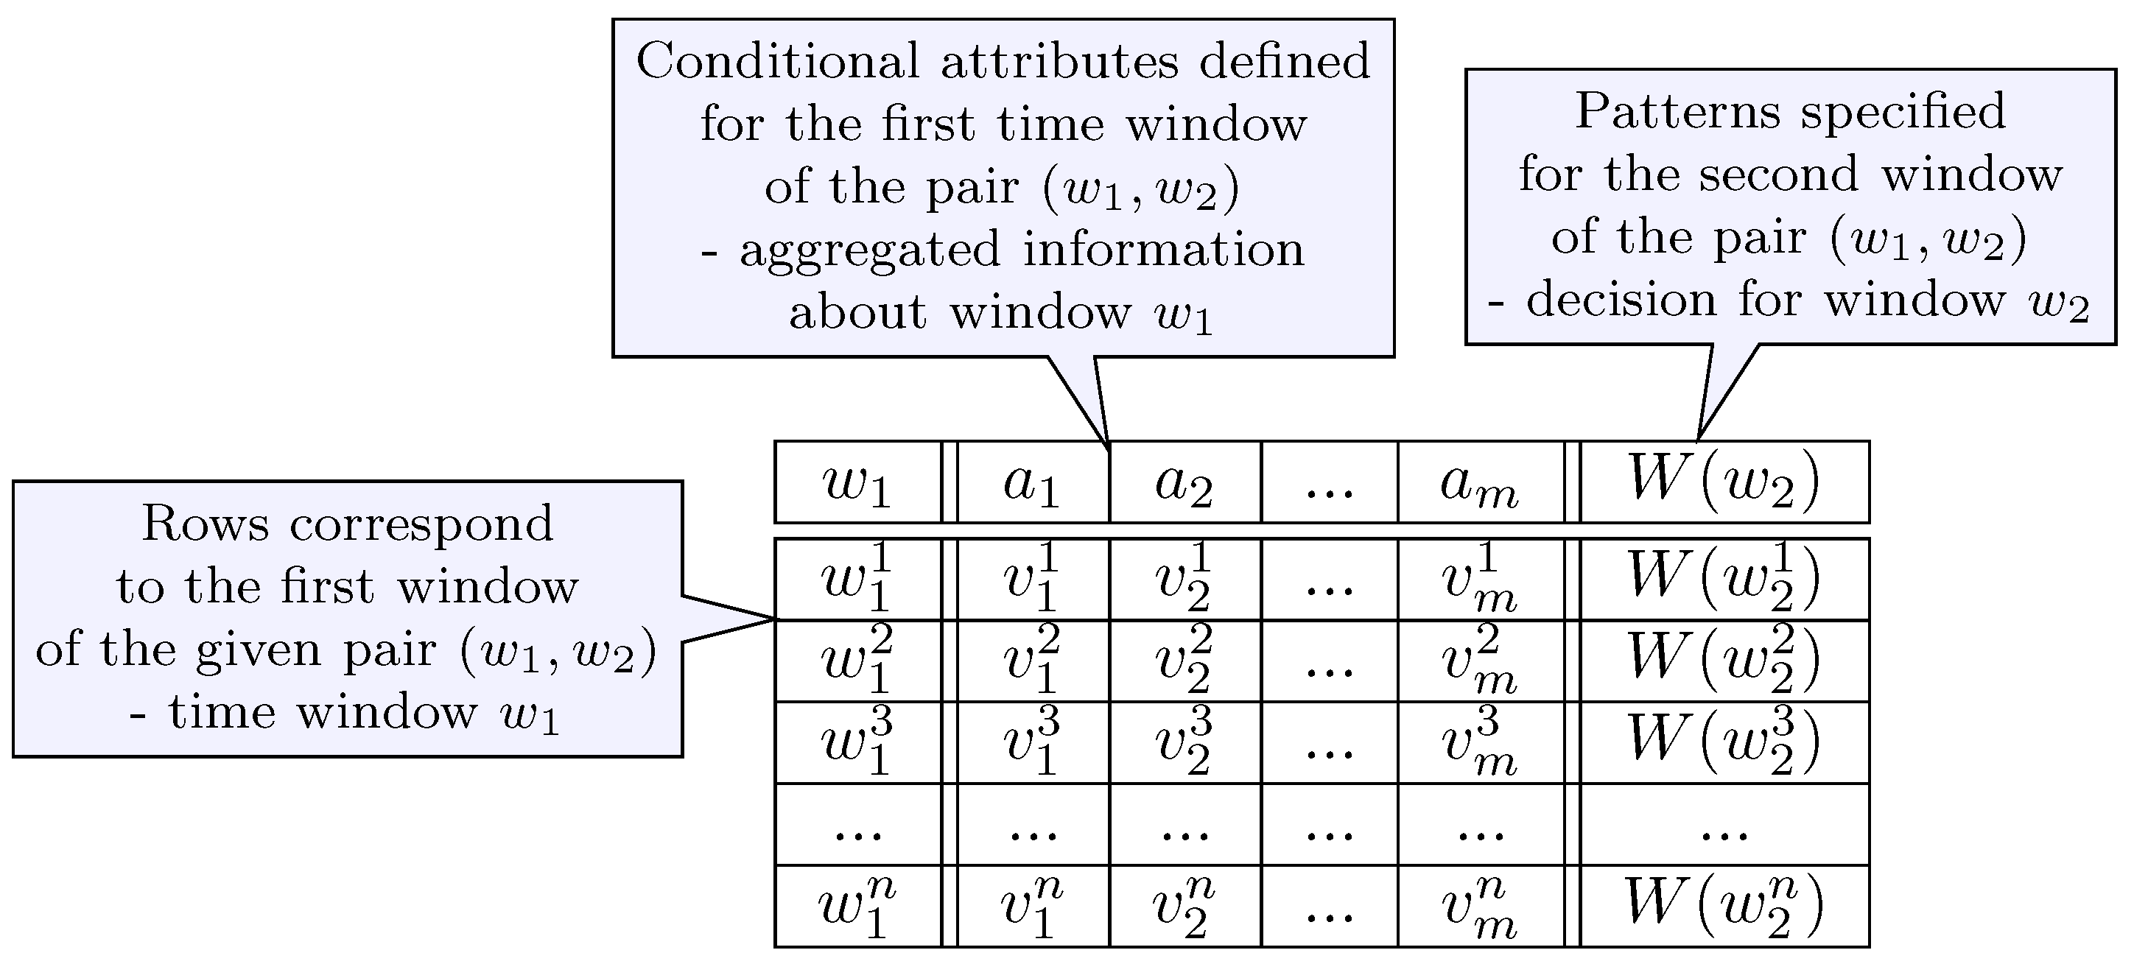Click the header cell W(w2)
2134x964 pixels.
point(1724,482)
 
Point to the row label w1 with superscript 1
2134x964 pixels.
point(857,580)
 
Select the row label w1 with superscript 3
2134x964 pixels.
point(857,743)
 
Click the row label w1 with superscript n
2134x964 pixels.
point(857,907)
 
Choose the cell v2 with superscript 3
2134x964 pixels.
point(1184,743)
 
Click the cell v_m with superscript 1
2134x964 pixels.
point(1480,580)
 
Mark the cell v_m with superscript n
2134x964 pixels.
point(1480,907)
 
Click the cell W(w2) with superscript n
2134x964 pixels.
point(1724,905)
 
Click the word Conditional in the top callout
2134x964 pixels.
point(778,61)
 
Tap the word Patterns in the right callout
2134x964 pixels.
point(1677,111)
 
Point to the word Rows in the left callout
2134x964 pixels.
point(205,524)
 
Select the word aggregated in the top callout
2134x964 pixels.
point(870,251)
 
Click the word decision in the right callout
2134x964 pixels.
point(1621,300)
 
